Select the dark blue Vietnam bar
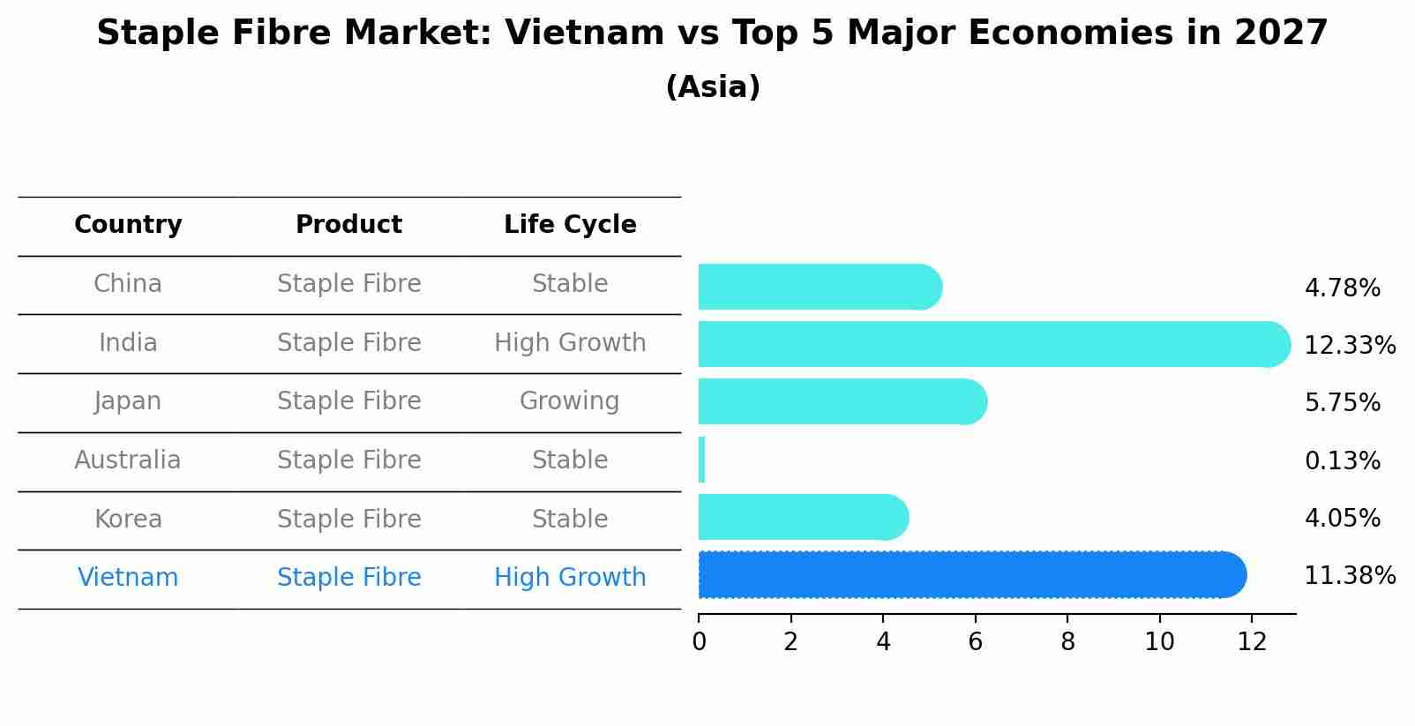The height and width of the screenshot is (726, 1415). pyautogui.click(x=970, y=575)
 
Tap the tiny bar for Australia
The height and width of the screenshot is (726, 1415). pyautogui.click(x=701, y=460)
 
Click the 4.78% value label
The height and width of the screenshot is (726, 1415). pyautogui.click(x=1342, y=288)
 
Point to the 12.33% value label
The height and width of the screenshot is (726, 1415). pyautogui.click(x=1349, y=345)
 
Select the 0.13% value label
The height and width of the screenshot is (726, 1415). pyautogui.click(x=1342, y=460)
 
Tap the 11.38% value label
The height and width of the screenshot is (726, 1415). pyautogui.click(x=1349, y=576)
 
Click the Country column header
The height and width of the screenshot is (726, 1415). pyautogui.click(x=128, y=225)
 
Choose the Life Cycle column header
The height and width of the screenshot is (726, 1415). pyautogui.click(x=570, y=225)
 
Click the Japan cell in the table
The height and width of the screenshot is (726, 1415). pyautogui.click(x=128, y=401)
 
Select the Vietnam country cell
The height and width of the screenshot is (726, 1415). pyautogui.click(x=128, y=578)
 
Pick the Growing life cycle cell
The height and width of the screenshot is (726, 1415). pyautogui.click(x=570, y=401)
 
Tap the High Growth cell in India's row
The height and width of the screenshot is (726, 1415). pyautogui.click(x=570, y=342)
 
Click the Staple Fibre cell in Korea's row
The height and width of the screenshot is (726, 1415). pyautogui.click(x=348, y=519)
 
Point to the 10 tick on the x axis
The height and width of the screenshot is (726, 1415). pyautogui.click(x=1159, y=641)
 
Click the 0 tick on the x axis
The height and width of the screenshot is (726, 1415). pyautogui.click(x=699, y=641)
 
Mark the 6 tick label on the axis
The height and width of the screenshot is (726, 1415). pyautogui.click(x=975, y=641)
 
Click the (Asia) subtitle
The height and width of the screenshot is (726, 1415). pyautogui.click(x=713, y=87)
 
